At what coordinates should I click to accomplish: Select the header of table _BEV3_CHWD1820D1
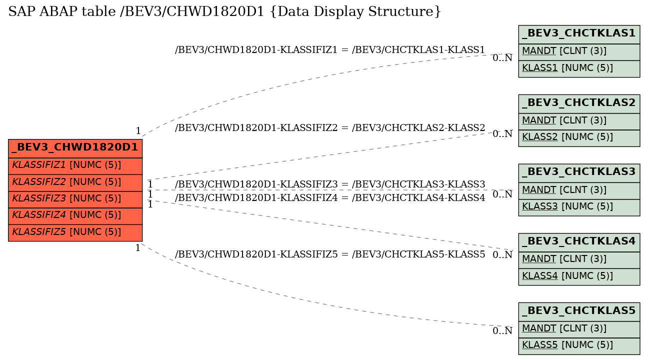point(75,148)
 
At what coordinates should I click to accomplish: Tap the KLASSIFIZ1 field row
point(75,166)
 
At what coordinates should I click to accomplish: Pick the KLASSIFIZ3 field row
point(75,199)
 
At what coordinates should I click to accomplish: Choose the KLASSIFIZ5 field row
point(75,232)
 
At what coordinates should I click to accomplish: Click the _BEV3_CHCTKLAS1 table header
point(579,34)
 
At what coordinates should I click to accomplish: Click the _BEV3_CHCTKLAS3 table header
point(579,173)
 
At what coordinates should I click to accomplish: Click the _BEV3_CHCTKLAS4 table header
point(579,242)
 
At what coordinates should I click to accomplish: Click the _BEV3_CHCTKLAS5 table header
point(579,311)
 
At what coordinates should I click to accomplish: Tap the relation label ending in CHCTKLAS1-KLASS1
point(330,50)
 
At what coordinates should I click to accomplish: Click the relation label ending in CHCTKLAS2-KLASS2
point(330,127)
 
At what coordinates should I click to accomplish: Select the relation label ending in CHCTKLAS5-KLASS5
point(330,254)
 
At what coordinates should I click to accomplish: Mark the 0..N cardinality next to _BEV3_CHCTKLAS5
point(502,331)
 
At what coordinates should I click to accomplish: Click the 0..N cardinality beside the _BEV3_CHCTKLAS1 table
point(502,58)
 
